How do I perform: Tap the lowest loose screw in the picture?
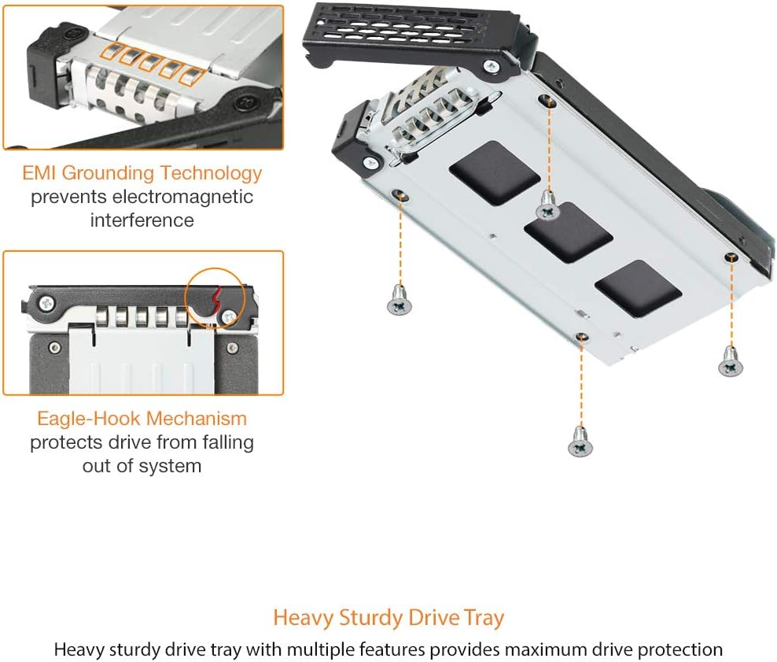[579, 444]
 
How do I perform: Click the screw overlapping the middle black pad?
[547, 209]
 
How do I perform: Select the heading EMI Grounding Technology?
[142, 172]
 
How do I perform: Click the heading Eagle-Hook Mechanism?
[142, 418]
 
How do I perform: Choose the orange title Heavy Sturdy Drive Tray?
[388, 618]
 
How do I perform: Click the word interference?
[142, 220]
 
